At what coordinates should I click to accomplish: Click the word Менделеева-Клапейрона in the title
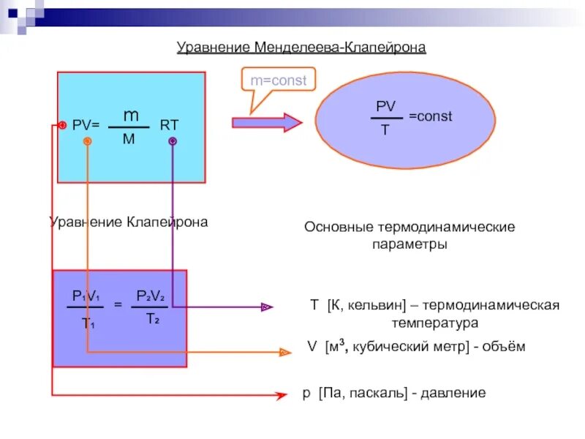(x=341, y=48)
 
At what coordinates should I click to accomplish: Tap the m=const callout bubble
(x=279, y=80)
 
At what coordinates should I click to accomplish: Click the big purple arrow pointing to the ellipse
(x=267, y=123)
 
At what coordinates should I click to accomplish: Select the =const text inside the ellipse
(x=430, y=116)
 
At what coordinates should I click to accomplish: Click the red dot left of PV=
(x=63, y=126)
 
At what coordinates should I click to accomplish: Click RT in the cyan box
(x=169, y=125)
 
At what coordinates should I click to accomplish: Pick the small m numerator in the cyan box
(x=130, y=116)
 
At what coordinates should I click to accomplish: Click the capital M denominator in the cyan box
(x=129, y=138)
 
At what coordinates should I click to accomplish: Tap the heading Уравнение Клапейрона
(x=128, y=222)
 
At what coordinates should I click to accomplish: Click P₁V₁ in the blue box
(x=86, y=296)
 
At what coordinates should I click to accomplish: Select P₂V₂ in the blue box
(x=151, y=296)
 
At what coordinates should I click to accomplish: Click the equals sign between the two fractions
(x=118, y=304)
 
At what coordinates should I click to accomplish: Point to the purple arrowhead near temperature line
(x=268, y=307)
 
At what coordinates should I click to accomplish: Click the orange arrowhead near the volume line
(x=285, y=352)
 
